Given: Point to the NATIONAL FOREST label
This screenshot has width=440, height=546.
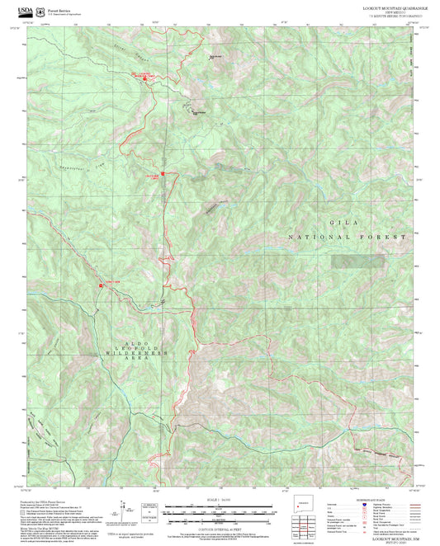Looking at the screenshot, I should (348, 237).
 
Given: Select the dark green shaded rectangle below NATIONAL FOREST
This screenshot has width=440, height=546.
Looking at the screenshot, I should (358, 261).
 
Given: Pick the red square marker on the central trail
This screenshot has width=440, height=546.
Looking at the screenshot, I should (163, 174).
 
